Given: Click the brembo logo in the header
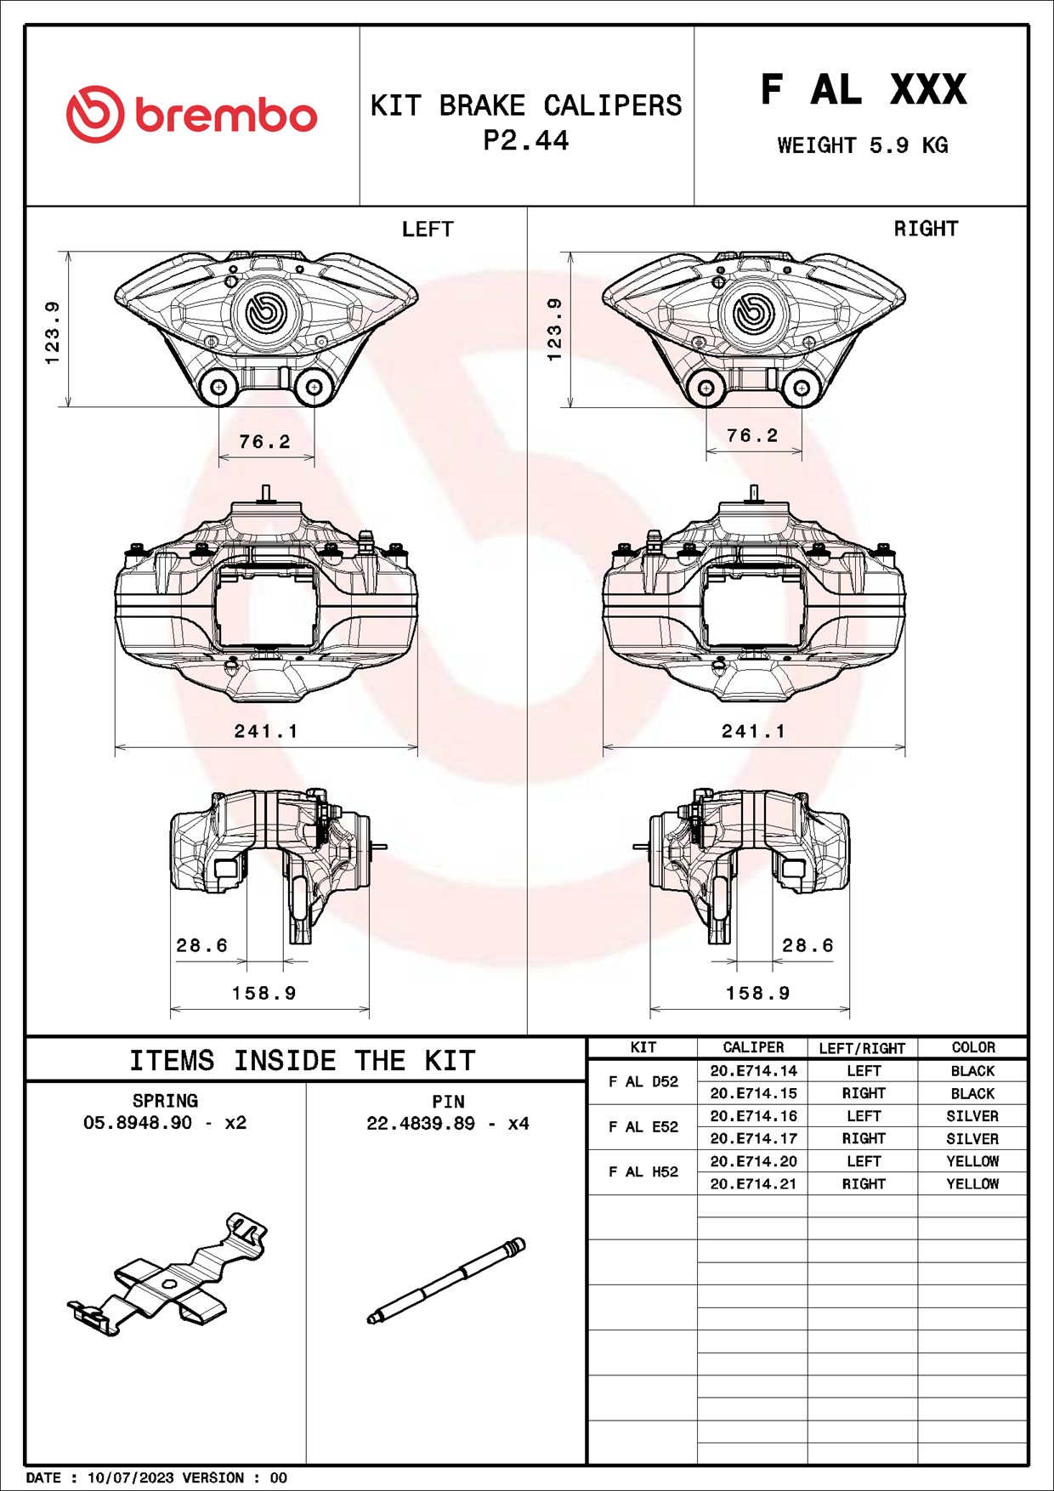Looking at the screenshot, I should [192, 115].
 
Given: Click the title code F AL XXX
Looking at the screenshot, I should [863, 90].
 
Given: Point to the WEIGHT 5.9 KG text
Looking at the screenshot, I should [862, 145].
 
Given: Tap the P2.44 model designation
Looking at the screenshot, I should [525, 140].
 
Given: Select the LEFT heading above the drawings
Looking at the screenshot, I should [428, 230].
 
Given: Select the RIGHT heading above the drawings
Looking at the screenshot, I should [926, 229].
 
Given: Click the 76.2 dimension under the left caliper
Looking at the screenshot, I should [264, 442].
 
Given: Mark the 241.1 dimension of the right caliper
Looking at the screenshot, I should [754, 731].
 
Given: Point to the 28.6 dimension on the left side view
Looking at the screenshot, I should [202, 945].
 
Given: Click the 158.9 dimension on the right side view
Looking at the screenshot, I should [757, 993].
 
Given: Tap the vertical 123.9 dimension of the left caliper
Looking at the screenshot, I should [53, 332].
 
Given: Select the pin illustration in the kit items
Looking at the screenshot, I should [447, 1280].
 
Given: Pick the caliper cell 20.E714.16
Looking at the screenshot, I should [753, 1116].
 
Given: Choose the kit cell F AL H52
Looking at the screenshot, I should [643, 1172].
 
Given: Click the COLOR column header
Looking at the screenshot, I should [972, 1048].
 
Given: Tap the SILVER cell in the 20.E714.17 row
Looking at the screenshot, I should [972, 1139].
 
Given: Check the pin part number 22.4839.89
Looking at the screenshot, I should [421, 1124].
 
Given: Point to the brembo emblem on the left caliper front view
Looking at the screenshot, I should [263, 312].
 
